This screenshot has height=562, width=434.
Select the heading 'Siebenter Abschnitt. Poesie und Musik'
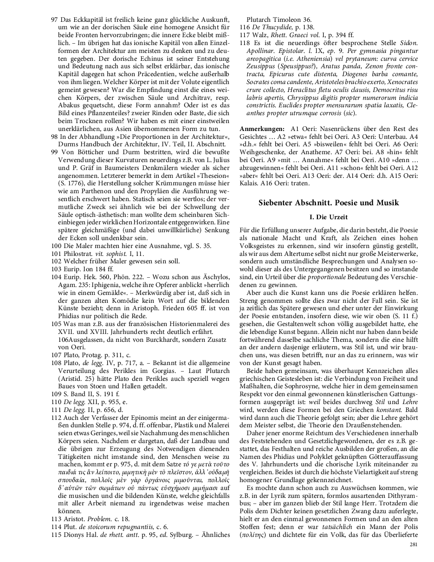[x=328, y=203]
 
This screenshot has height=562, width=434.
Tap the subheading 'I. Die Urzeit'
[x=328, y=217]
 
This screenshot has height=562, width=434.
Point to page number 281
[x=414, y=544]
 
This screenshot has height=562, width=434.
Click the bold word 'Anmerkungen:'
[x=262, y=128]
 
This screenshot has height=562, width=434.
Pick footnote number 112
[x=56, y=430]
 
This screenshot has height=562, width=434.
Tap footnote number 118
[x=245, y=42]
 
